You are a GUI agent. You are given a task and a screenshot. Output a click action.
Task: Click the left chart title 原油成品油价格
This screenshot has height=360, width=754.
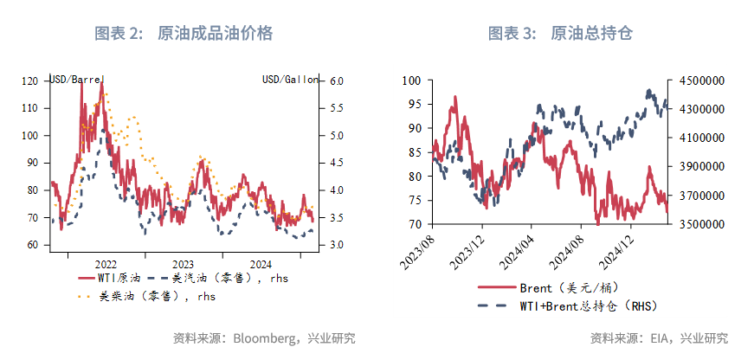[x=216, y=34]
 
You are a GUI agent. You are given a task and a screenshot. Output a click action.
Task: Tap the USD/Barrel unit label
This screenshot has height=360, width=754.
[x=77, y=80]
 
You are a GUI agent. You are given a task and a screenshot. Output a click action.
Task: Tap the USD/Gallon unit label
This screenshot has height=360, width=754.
[x=290, y=80]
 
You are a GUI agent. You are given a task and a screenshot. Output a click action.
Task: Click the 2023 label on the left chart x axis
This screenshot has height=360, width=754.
[x=184, y=263]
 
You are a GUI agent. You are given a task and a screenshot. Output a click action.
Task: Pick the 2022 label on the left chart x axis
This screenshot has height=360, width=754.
[x=106, y=263]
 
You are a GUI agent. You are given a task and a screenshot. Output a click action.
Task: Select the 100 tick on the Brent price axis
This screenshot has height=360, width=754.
[x=411, y=80]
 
